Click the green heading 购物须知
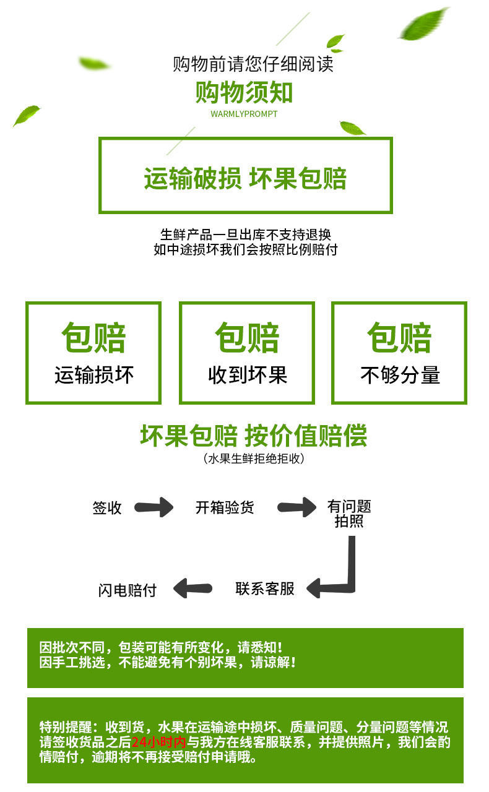pos(244,93)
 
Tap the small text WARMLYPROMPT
pos(244,114)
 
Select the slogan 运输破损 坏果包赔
pos(245,178)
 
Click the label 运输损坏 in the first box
pos(93,375)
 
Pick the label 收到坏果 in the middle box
pos(247,375)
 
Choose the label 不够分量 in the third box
pos(400,375)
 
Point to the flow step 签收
pos(107,508)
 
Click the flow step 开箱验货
pos(225,508)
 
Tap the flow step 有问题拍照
pos(349,514)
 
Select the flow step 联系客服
pos(265,588)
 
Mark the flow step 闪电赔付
pos(128,590)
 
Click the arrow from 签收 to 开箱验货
pos(154,508)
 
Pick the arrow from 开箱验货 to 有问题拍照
pos(296,508)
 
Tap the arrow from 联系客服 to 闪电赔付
pos(193,588)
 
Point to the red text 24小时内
pos(158,742)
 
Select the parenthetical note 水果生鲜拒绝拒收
pos(254,458)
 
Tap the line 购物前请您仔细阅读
pos(253,64)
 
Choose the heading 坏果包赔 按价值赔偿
pos(253,436)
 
